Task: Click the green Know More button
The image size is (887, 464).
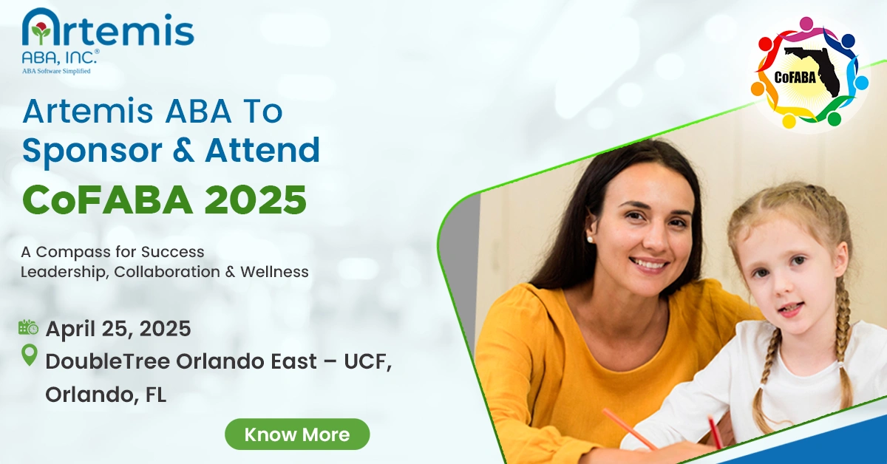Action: pyautogui.click(x=297, y=434)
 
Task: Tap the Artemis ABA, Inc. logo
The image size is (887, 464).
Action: pyautogui.click(x=108, y=41)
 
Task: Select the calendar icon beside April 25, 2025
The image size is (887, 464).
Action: pyautogui.click(x=28, y=327)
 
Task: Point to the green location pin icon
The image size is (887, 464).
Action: pyautogui.click(x=29, y=356)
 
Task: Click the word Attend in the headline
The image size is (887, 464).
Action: pyautogui.click(x=262, y=150)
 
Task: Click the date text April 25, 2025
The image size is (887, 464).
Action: pyautogui.click(x=118, y=328)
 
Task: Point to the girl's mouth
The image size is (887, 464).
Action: pyautogui.click(x=790, y=307)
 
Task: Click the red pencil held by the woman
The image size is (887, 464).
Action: pyautogui.click(x=629, y=429)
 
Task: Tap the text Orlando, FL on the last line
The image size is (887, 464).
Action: pyautogui.click(x=106, y=395)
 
